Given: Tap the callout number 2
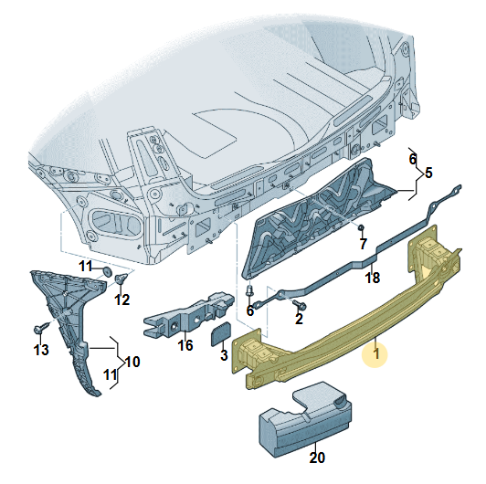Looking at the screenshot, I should click(299, 319).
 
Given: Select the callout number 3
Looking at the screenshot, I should click(224, 354).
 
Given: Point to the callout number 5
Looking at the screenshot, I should click(428, 172).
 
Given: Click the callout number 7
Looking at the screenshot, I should click(363, 244).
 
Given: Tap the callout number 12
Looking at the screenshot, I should click(121, 300).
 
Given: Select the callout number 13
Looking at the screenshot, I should click(41, 351).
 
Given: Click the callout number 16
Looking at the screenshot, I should click(185, 345).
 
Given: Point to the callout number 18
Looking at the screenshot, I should click(372, 278).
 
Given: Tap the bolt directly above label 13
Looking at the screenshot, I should click(40, 329).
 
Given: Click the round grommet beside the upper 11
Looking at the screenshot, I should click(107, 271).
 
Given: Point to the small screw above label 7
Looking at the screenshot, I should click(363, 226).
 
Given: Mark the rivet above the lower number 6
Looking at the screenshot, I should click(248, 289).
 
